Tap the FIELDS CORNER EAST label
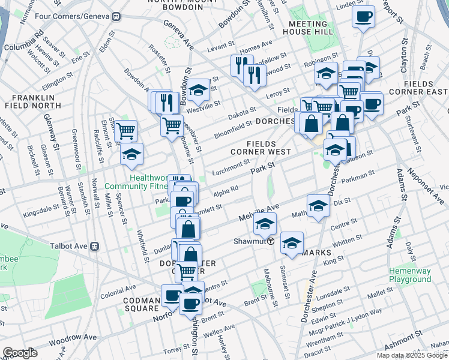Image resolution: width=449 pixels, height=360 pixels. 426,88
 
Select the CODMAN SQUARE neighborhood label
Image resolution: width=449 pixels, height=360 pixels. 141,304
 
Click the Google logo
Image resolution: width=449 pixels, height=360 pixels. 20,353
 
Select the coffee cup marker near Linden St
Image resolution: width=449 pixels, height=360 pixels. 363,17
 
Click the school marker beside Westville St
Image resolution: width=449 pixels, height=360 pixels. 198,90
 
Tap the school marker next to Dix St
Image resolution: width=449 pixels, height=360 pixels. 318,206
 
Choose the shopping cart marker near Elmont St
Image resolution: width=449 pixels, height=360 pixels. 125,130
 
